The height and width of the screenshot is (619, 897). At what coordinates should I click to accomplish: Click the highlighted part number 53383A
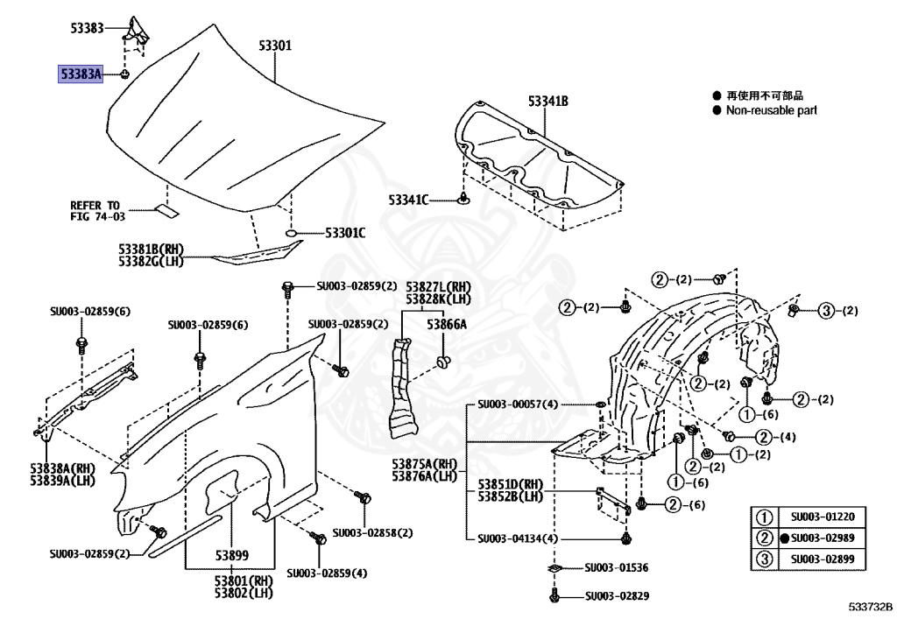pos(81,74)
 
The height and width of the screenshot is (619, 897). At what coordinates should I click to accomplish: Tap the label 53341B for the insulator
pos(547,102)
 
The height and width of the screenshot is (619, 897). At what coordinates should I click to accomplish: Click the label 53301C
pos(345,233)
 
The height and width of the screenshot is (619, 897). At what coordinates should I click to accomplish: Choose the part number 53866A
pos(447,324)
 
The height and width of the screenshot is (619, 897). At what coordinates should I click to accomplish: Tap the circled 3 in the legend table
pos(764,559)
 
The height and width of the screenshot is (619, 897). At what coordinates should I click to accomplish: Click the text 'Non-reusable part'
pos(771,110)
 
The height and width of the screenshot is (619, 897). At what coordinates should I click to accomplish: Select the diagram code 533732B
pos(869,606)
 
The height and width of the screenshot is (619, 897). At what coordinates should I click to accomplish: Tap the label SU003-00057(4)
pos(517,404)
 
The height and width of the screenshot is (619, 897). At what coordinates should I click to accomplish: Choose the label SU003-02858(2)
pos(372,532)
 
